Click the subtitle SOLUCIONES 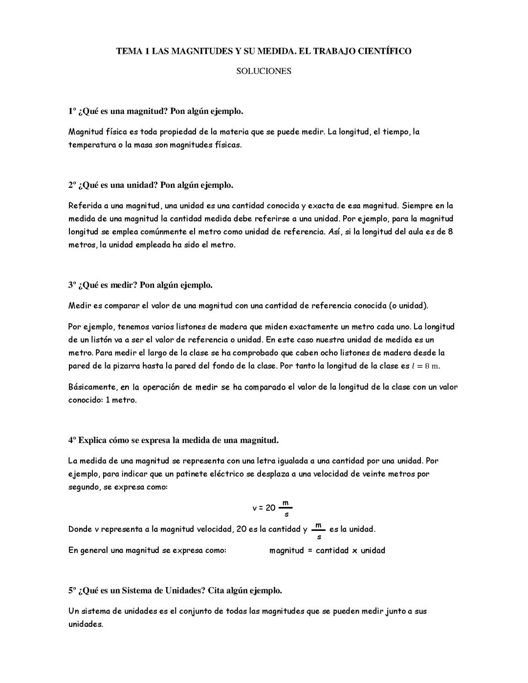(264, 71)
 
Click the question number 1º (72, 111)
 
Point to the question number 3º (72, 285)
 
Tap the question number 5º (72, 591)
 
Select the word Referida (85, 206)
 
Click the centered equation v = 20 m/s (272, 508)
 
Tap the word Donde (80, 529)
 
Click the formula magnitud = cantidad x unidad (327, 551)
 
